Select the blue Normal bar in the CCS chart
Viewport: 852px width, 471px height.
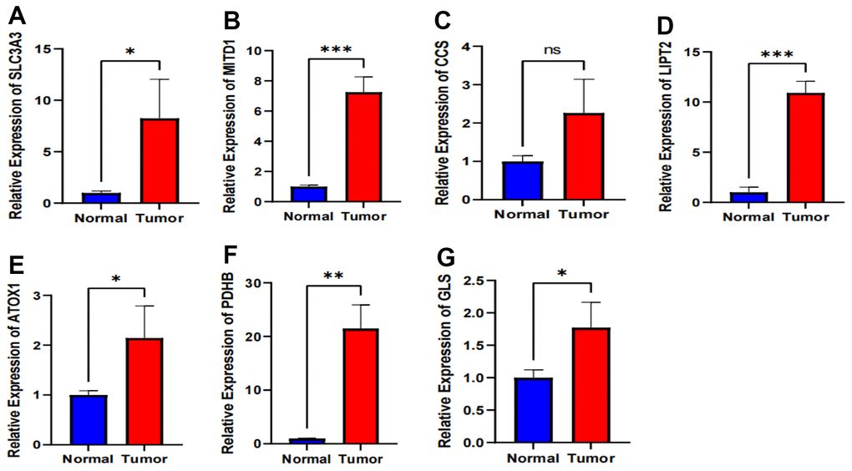pyautogui.click(x=522, y=180)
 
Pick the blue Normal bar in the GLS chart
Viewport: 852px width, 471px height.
pyautogui.click(x=534, y=410)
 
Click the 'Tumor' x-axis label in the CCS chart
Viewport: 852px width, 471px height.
pyautogui.click(x=585, y=213)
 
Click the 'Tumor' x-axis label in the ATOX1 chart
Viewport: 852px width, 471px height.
pyautogui.click(x=149, y=458)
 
